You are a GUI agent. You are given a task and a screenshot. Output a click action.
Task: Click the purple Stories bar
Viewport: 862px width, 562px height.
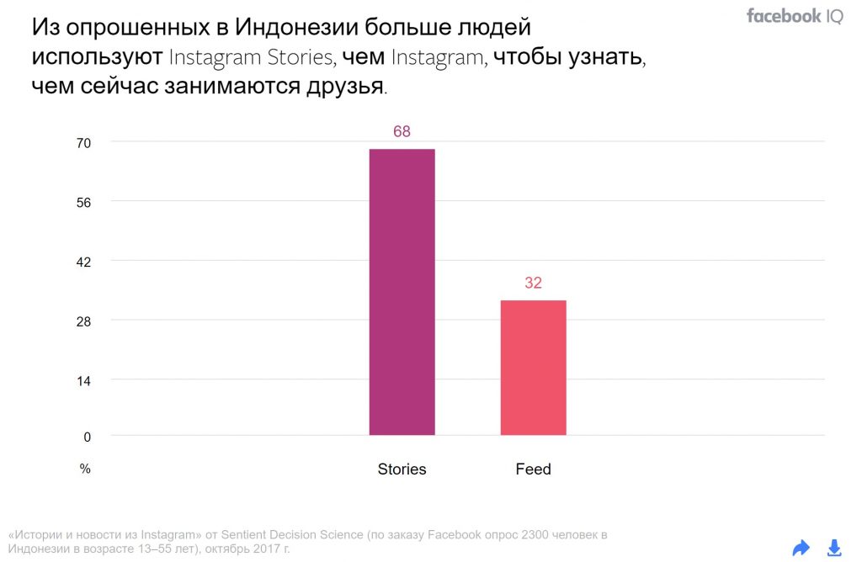[x=402, y=292]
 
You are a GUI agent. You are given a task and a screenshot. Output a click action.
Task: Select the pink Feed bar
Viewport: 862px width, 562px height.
[x=533, y=368]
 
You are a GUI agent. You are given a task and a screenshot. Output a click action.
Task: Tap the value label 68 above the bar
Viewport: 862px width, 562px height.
[x=402, y=132]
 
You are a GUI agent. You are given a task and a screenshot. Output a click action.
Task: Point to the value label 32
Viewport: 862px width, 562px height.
[x=533, y=284]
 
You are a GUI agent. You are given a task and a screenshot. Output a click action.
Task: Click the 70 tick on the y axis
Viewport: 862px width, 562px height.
[x=84, y=143]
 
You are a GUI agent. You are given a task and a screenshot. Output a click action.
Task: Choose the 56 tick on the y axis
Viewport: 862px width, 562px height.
[x=84, y=202]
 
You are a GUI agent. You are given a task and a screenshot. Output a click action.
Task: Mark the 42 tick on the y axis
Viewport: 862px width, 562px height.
[x=84, y=262]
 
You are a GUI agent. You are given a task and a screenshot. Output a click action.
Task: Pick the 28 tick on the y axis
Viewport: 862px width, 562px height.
[x=84, y=321]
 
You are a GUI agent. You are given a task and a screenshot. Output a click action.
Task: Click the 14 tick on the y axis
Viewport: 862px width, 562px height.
[x=84, y=379]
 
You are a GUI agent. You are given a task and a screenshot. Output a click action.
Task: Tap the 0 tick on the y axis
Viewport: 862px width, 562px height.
[x=87, y=436]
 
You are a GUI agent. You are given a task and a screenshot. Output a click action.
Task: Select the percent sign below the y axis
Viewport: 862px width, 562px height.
[x=85, y=469]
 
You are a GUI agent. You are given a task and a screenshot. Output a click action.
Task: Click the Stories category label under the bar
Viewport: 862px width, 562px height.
[x=402, y=469]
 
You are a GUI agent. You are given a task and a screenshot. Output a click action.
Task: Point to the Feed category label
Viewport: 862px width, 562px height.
[x=533, y=469]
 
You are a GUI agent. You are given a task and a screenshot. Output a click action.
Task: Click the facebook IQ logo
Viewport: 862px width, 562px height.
[x=794, y=16]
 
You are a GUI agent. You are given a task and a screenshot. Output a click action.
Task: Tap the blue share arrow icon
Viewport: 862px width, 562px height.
[x=801, y=549]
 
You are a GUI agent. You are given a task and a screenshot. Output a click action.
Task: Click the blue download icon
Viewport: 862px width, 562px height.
[x=834, y=549]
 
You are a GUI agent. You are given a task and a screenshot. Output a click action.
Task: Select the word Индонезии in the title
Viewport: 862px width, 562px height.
[x=295, y=28]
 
